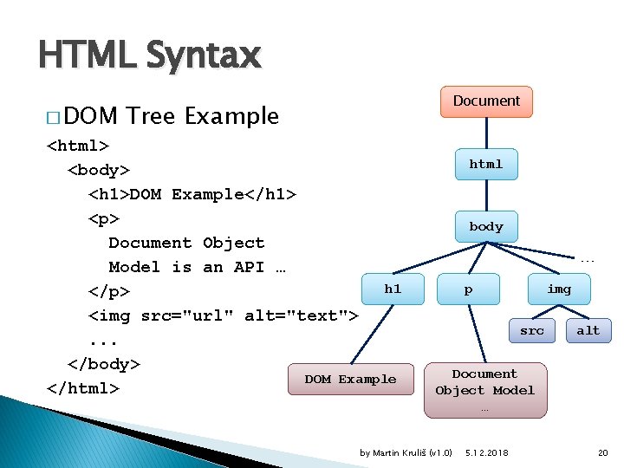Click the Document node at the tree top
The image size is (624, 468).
click(486, 101)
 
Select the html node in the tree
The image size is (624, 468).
click(486, 164)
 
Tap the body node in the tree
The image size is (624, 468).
click(486, 226)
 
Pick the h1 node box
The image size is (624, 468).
click(393, 289)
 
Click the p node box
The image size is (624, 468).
click(469, 289)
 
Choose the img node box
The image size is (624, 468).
click(559, 289)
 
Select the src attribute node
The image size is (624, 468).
click(532, 330)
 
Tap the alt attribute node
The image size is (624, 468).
click(588, 330)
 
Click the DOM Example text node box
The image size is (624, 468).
click(350, 380)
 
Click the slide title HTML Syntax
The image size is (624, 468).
click(149, 56)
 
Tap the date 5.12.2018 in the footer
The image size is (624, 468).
click(487, 452)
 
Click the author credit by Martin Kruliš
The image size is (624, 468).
click(406, 452)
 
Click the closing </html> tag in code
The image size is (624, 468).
click(82, 387)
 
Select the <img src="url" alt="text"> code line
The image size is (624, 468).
click(223, 315)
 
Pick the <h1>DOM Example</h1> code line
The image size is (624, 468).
click(192, 193)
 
